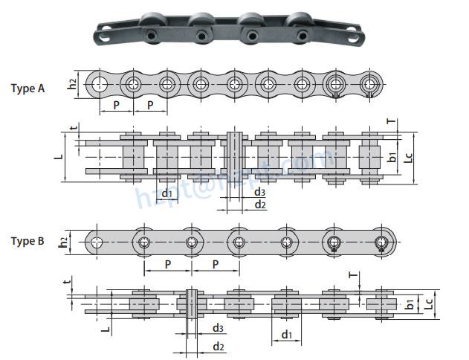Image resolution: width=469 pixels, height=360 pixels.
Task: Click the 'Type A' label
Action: (28, 88)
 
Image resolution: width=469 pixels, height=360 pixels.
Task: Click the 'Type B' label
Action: (28, 241)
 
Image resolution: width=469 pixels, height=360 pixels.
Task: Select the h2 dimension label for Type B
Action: (65, 242)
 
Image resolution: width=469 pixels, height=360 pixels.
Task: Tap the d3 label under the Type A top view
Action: (259, 193)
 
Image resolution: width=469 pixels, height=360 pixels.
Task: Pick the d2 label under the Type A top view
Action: (259, 205)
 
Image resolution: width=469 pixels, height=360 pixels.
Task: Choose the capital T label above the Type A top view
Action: (392, 120)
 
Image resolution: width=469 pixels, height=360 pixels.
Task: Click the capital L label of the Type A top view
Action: (58, 158)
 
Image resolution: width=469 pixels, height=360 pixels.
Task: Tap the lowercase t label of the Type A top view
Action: (73, 128)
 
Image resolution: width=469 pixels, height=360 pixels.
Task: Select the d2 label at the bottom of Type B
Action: (219, 347)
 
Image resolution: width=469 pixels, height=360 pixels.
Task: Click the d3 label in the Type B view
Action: (219, 328)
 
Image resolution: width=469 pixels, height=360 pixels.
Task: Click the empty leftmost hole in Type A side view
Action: (99, 83)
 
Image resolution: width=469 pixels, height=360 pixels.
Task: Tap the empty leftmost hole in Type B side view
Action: (95, 241)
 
